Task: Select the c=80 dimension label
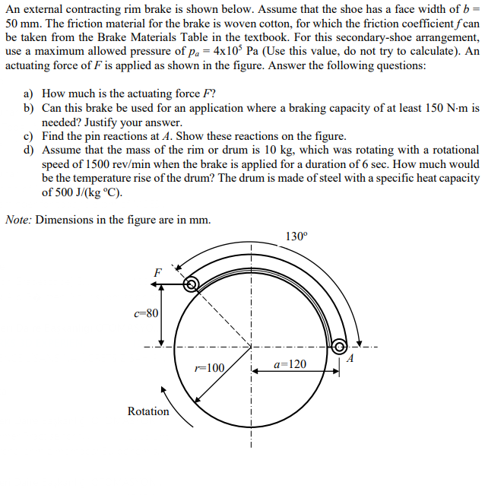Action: tap(146, 313)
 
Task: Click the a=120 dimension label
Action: tap(290, 365)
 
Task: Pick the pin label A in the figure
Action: tap(350, 359)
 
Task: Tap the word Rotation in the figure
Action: tap(148, 411)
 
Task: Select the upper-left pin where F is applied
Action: tap(192, 284)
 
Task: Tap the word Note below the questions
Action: tap(18, 220)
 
